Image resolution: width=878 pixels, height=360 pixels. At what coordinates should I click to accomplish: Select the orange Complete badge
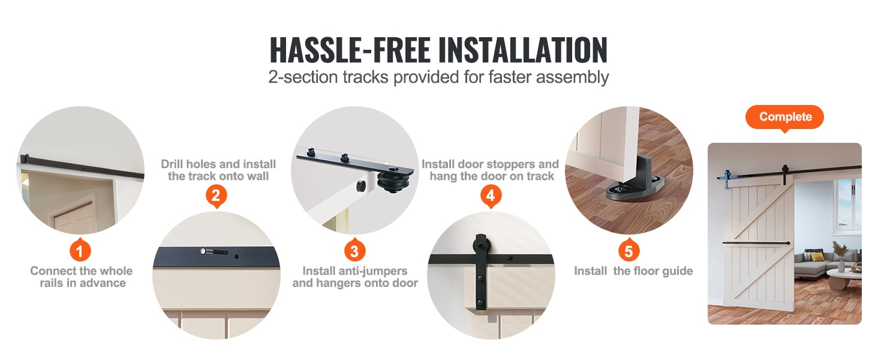(784, 117)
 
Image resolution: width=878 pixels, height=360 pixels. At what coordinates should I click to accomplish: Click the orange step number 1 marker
(80, 250)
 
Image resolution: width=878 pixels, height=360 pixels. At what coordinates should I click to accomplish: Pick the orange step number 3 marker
(354, 250)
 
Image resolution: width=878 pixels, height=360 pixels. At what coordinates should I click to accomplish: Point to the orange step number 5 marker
(629, 250)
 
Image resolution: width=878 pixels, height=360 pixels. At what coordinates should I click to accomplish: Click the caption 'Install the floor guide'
(633, 271)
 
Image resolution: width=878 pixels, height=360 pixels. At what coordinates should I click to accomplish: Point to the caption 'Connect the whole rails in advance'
(82, 277)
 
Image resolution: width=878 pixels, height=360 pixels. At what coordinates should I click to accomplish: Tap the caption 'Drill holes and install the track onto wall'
(218, 170)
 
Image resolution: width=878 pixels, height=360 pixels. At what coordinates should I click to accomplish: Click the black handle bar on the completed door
(756, 243)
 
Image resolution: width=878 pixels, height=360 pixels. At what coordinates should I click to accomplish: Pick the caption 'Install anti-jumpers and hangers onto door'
(355, 277)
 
